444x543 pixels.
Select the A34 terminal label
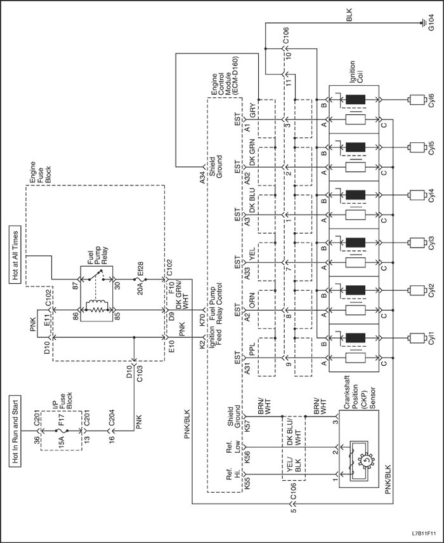coord(203,181)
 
